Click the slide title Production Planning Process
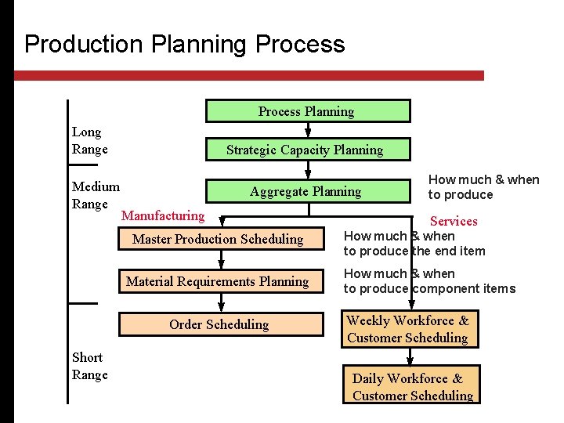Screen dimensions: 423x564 point(184,44)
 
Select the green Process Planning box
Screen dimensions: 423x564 point(307,111)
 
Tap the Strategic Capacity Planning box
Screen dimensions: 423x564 point(305,150)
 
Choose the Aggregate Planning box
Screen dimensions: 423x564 point(305,191)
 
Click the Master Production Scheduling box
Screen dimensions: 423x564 point(218,239)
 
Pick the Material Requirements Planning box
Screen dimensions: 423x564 point(218,281)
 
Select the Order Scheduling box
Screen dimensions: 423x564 point(219,324)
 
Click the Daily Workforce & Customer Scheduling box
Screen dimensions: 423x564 point(411,387)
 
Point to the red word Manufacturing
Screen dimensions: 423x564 point(163,215)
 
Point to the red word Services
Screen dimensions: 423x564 point(454,221)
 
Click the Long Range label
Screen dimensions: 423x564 point(89,140)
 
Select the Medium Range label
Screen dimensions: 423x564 point(96,195)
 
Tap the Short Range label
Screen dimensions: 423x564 point(89,366)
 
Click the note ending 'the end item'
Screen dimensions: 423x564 point(414,244)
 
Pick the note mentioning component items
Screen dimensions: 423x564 point(429,281)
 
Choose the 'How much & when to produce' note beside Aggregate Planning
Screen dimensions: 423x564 point(483,187)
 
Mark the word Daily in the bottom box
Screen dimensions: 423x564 point(368,378)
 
